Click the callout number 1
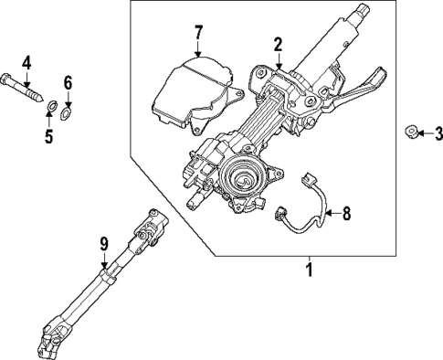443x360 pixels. coord(309,271)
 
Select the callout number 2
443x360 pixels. coord(278,43)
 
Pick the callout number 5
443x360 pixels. coord(49,137)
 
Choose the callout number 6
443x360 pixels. coord(67,81)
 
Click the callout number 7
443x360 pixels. coord(198,36)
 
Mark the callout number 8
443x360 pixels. coord(345,216)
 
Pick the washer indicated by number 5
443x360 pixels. coord(53,112)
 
